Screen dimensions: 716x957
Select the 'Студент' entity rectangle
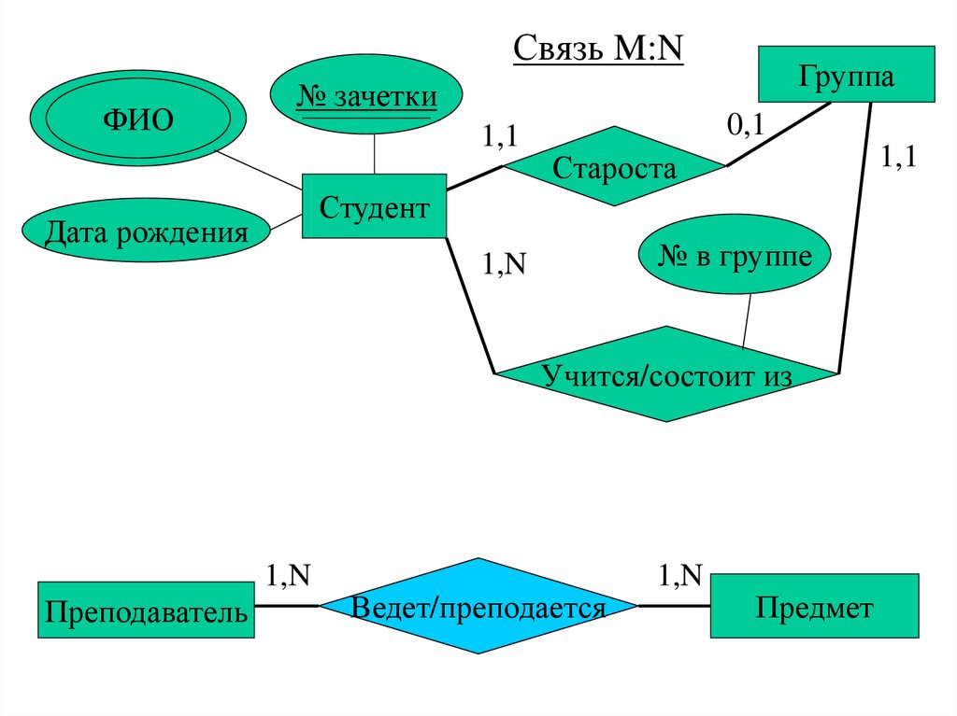[374, 206]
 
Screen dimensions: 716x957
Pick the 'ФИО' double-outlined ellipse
[137, 122]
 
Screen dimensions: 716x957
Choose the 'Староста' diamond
[613, 168]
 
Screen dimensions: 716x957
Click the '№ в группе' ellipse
[735, 258]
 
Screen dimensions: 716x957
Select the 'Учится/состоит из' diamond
[666, 374]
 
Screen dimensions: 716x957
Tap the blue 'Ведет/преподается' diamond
[478, 607]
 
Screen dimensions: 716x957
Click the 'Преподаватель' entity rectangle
[147, 611]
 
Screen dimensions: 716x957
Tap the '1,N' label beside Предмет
[679, 576]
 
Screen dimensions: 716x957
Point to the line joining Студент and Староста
[475, 179]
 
